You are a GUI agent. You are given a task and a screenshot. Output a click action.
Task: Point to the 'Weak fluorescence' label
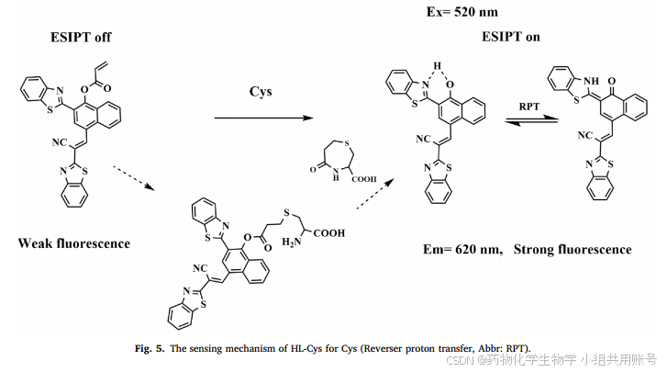(x=72, y=243)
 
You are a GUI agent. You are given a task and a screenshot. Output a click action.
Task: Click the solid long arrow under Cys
(x=261, y=117)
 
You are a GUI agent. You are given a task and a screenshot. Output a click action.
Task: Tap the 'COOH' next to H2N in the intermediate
(x=328, y=233)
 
